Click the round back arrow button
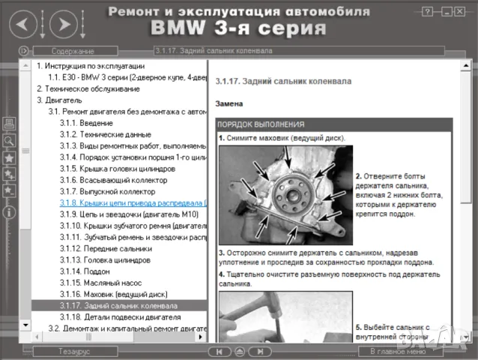(x=23, y=25)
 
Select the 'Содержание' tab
(x=73, y=51)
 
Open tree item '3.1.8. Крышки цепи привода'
(x=132, y=202)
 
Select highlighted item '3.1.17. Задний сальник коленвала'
(x=118, y=306)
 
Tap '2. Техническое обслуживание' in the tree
(x=88, y=88)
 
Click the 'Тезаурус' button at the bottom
(x=74, y=351)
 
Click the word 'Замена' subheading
(x=229, y=103)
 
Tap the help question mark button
(x=427, y=11)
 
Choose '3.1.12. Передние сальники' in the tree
(x=106, y=248)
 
